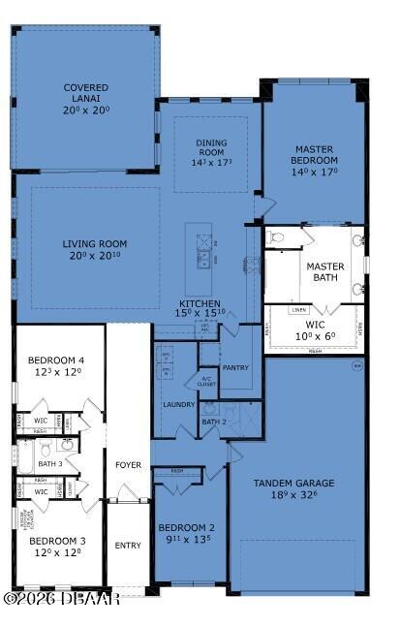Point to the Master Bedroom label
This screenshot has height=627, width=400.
[x=316, y=154]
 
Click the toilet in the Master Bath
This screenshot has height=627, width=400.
[x=277, y=237]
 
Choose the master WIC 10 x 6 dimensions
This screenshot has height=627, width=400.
[x=316, y=335]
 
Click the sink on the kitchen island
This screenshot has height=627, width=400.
[x=203, y=258]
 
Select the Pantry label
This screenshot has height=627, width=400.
[x=235, y=368]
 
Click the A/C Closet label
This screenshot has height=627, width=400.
[x=205, y=381]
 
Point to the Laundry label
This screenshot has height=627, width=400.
[x=178, y=404]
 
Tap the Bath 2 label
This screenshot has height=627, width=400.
[x=213, y=422]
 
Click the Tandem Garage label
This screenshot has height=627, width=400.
[x=293, y=483]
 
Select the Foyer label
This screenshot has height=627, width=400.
[x=128, y=465]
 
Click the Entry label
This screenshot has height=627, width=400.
[x=128, y=545]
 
